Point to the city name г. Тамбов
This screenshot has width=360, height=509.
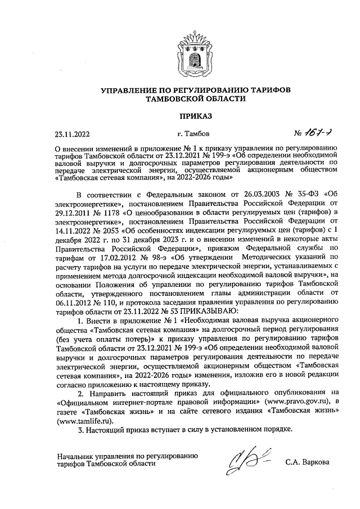tap(193, 134)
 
